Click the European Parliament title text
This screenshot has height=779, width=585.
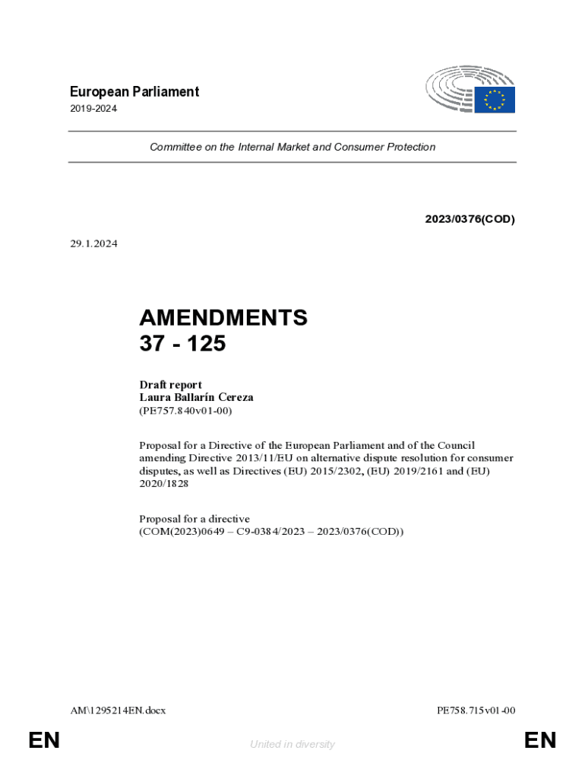(x=134, y=92)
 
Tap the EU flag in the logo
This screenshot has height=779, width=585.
(x=495, y=100)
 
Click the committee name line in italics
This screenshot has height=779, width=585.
(x=292, y=147)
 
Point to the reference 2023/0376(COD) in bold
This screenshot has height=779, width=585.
(x=470, y=219)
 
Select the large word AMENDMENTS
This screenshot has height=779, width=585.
(x=223, y=318)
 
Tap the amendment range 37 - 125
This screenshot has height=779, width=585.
(x=182, y=344)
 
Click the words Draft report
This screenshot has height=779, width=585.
(x=170, y=384)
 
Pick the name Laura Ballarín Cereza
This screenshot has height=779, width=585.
(x=196, y=397)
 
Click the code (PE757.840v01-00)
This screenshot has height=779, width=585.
(x=185, y=411)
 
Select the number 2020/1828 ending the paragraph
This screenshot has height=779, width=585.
(x=163, y=484)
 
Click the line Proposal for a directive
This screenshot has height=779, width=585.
(x=194, y=519)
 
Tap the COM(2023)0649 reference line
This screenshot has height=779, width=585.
(x=271, y=532)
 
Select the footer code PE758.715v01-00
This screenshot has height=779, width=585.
(x=476, y=711)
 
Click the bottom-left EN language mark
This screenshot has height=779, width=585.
(x=44, y=740)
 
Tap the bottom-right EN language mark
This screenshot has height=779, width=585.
(x=540, y=740)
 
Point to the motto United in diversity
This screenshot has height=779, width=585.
(x=292, y=744)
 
